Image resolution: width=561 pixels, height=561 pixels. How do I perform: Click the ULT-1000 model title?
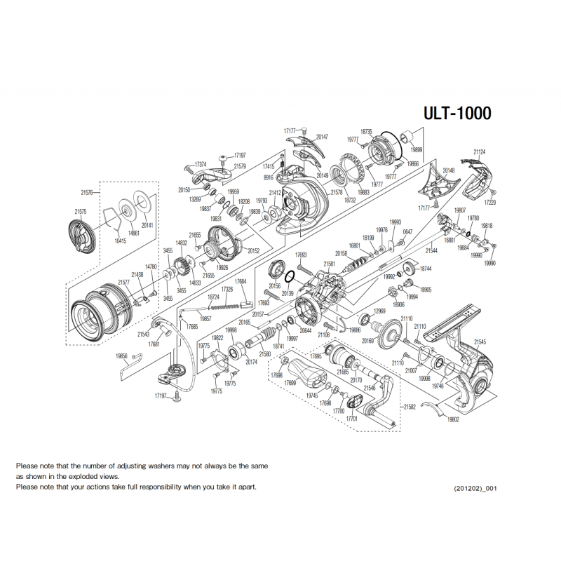pyautogui.click(x=456, y=114)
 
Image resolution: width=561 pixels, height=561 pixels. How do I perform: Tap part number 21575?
pyautogui.click(x=81, y=211)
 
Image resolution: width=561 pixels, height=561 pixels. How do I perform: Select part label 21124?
pyautogui.click(x=480, y=151)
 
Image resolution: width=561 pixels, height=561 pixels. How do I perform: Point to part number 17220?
pyautogui.click(x=490, y=203)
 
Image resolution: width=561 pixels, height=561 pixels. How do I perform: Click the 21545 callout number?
pyautogui.click(x=480, y=342)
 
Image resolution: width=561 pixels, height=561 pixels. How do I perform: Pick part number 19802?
pyautogui.click(x=452, y=419)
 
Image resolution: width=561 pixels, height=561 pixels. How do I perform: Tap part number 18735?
pyautogui.click(x=366, y=131)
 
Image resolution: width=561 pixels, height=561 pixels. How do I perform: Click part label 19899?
pyautogui.click(x=417, y=150)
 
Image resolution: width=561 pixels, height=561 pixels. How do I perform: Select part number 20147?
pyautogui.click(x=323, y=137)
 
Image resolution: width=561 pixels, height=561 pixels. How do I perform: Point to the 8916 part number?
pyautogui.click(x=269, y=178)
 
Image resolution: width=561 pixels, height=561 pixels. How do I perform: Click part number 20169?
pyautogui.click(x=367, y=341)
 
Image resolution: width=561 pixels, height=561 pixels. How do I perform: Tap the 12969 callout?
pyautogui.click(x=379, y=311)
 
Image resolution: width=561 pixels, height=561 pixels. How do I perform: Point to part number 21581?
pyautogui.click(x=330, y=264)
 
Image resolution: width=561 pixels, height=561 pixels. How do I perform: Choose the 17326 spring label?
pyautogui.click(x=227, y=289)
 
